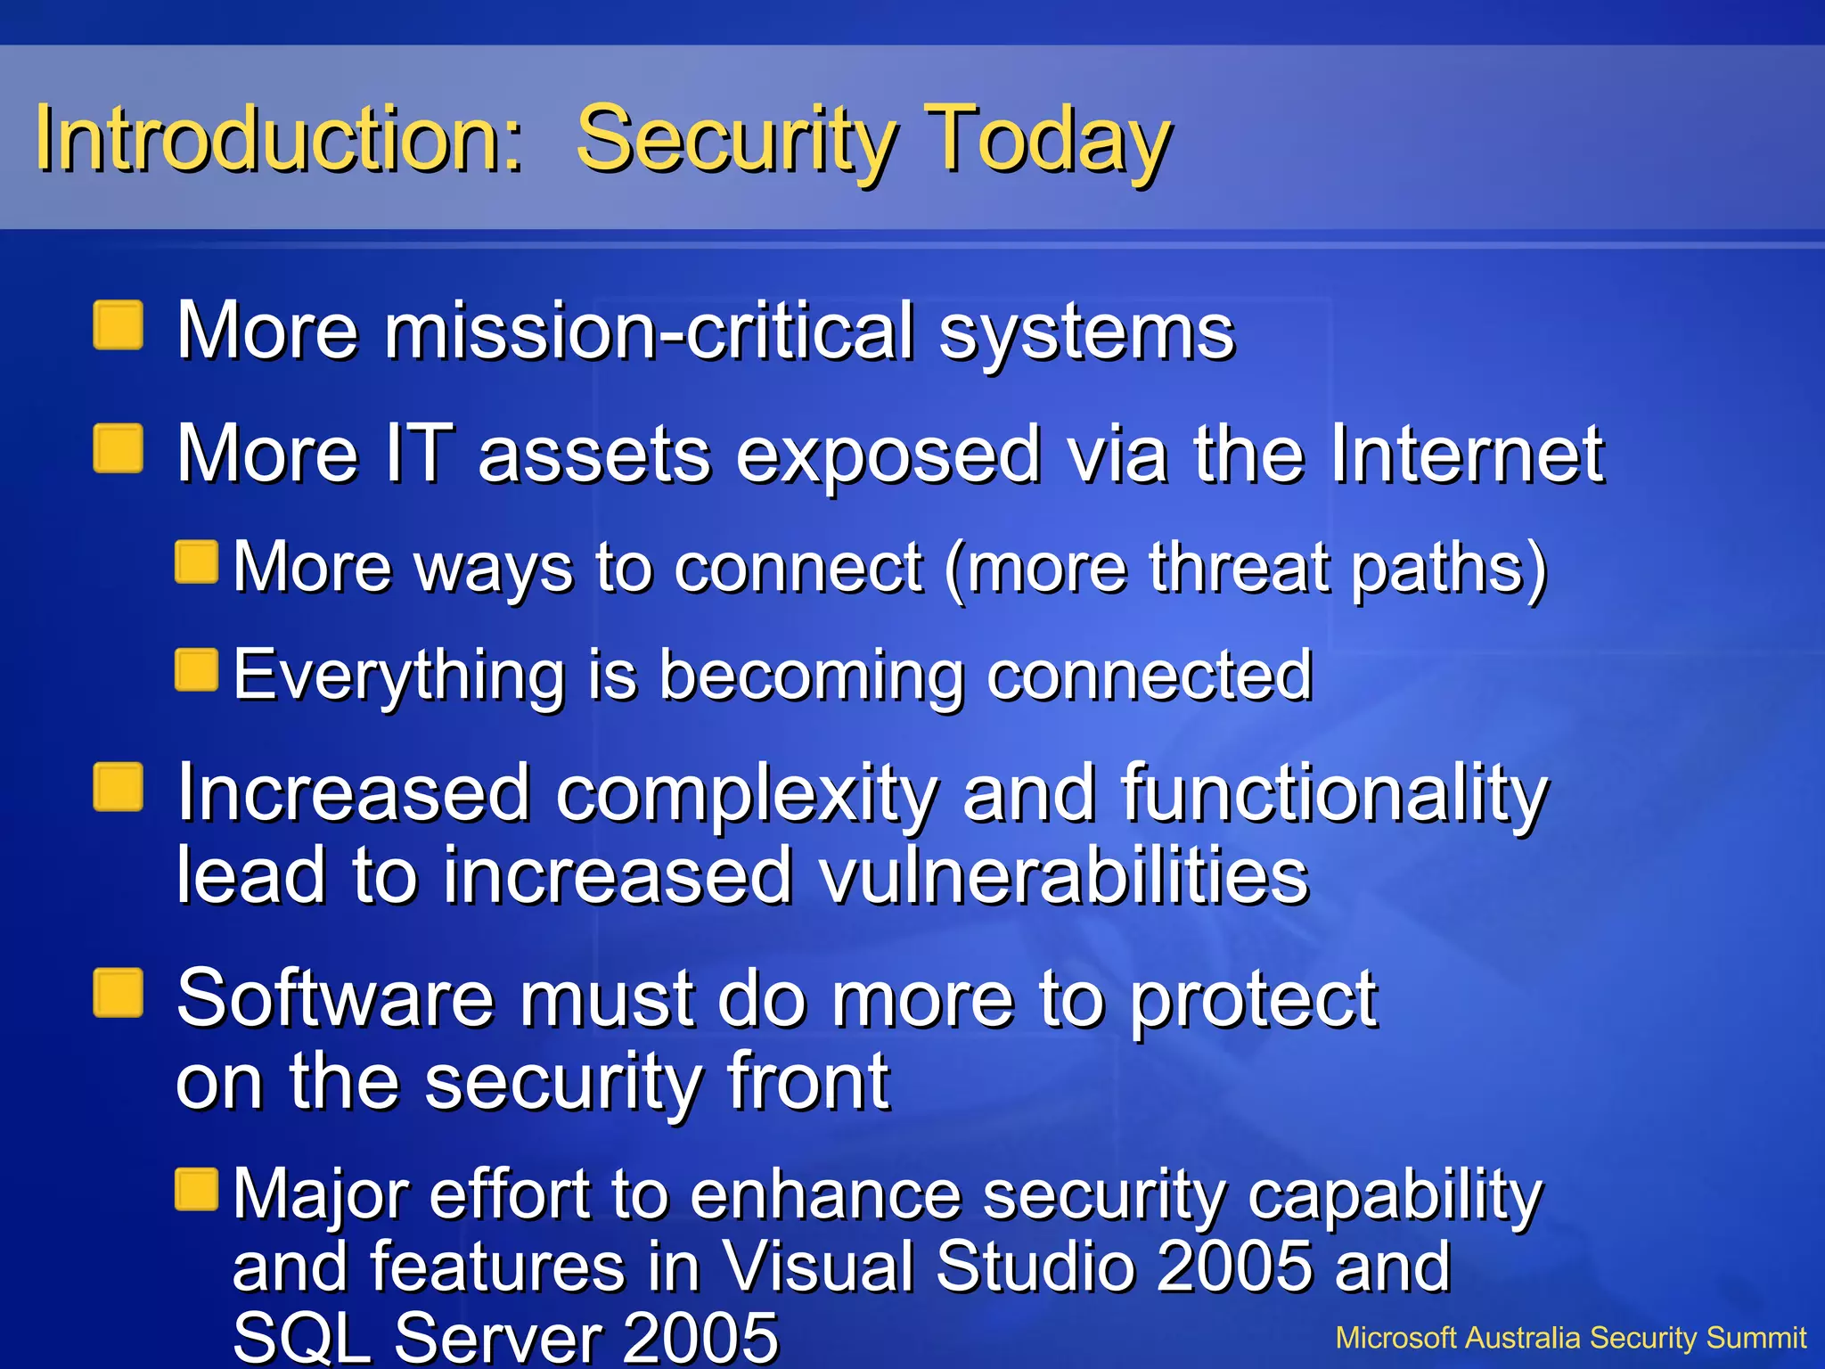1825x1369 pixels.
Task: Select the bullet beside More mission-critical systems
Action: click(x=119, y=325)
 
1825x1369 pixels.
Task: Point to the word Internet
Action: click(x=1467, y=455)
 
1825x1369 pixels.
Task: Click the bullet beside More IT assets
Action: click(x=119, y=448)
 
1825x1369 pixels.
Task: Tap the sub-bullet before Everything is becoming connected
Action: click(x=197, y=670)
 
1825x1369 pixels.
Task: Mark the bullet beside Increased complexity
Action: click(x=119, y=787)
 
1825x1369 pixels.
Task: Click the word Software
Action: click(x=334, y=998)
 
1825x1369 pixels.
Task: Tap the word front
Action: click(x=807, y=1080)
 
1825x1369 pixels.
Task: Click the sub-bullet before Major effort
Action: click(x=197, y=1190)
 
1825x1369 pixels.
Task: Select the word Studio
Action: click(x=1034, y=1266)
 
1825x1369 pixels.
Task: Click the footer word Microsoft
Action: click(x=1395, y=1338)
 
